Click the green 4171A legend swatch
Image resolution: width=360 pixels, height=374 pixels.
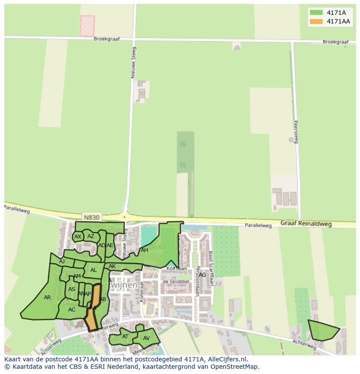[x=316, y=13]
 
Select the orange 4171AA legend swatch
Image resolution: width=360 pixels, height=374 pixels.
[x=316, y=21]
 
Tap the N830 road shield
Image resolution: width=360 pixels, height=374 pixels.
[x=91, y=217]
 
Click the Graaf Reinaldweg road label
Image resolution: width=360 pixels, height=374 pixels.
[x=306, y=224]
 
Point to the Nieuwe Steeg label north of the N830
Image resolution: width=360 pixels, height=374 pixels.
[x=133, y=63]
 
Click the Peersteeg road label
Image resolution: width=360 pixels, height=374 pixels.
[x=296, y=132]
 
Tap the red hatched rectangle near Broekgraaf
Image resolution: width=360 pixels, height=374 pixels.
[x=87, y=26]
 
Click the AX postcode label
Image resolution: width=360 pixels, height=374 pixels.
[x=78, y=237]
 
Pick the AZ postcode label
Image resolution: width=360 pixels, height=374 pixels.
[x=91, y=236]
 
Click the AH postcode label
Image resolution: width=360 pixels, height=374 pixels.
[x=144, y=250]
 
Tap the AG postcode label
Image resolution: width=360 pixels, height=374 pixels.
[x=202, y=275]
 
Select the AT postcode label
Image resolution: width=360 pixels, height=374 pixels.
[x=125, y=337]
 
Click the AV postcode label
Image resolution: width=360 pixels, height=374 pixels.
[x=146, y=338]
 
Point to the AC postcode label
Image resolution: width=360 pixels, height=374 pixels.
[x=72, y=310]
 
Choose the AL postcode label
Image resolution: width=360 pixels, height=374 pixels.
[x=93, y=270]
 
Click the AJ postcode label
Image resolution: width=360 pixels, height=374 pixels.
[x=62, y=261]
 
